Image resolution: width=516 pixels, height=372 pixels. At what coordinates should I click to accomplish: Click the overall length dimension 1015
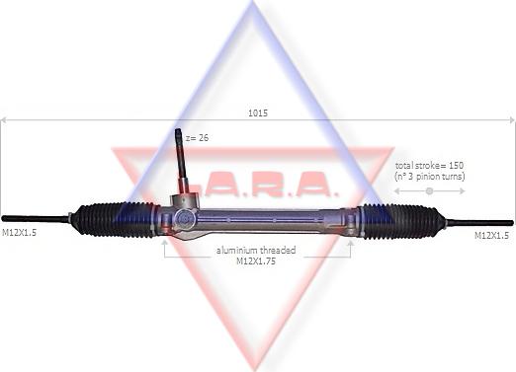[x=258, y=113]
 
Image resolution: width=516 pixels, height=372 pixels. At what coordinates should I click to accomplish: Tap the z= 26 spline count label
[x=197, y=138]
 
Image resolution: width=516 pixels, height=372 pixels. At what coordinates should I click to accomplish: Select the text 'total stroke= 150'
[x=429, y=165]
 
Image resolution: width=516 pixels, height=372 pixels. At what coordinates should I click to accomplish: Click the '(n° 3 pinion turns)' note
[x=430, y=177]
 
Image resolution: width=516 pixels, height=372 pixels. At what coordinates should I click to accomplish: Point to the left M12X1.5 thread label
[x=19, y=233]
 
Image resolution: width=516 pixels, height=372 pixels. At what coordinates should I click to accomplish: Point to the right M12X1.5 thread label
[x=491, y=235]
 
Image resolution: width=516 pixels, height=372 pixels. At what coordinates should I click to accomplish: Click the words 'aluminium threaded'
[x=256, y=251]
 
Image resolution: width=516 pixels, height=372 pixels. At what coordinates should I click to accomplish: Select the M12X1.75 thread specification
[x=256, y=261]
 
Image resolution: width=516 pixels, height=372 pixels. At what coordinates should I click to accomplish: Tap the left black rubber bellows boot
[x=116, y=220]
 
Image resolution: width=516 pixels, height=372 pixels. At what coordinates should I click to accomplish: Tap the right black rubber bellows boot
[x=400, y=221]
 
